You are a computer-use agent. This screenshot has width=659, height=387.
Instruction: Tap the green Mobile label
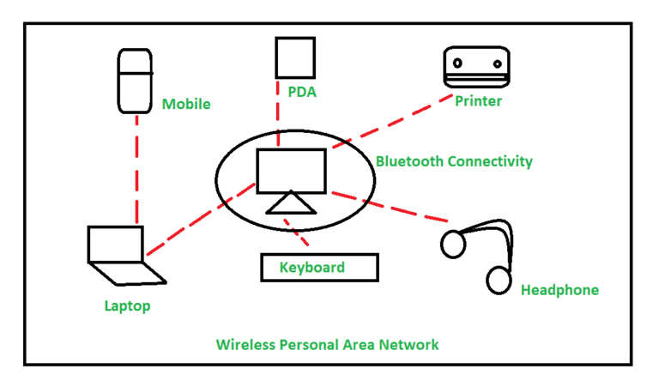185,105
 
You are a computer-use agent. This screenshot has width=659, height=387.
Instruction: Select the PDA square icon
289,57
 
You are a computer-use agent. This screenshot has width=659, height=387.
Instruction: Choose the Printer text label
477,101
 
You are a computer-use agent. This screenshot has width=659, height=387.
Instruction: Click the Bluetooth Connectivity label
454,161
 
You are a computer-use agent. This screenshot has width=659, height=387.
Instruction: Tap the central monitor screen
292,169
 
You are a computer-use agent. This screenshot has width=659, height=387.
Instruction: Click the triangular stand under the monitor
291,203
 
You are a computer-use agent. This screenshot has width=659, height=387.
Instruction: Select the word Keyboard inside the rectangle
312,268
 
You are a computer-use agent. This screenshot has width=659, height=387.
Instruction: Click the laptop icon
121,253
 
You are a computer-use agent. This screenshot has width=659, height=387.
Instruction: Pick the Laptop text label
127,305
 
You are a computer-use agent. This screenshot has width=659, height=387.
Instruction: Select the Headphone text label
559,290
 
